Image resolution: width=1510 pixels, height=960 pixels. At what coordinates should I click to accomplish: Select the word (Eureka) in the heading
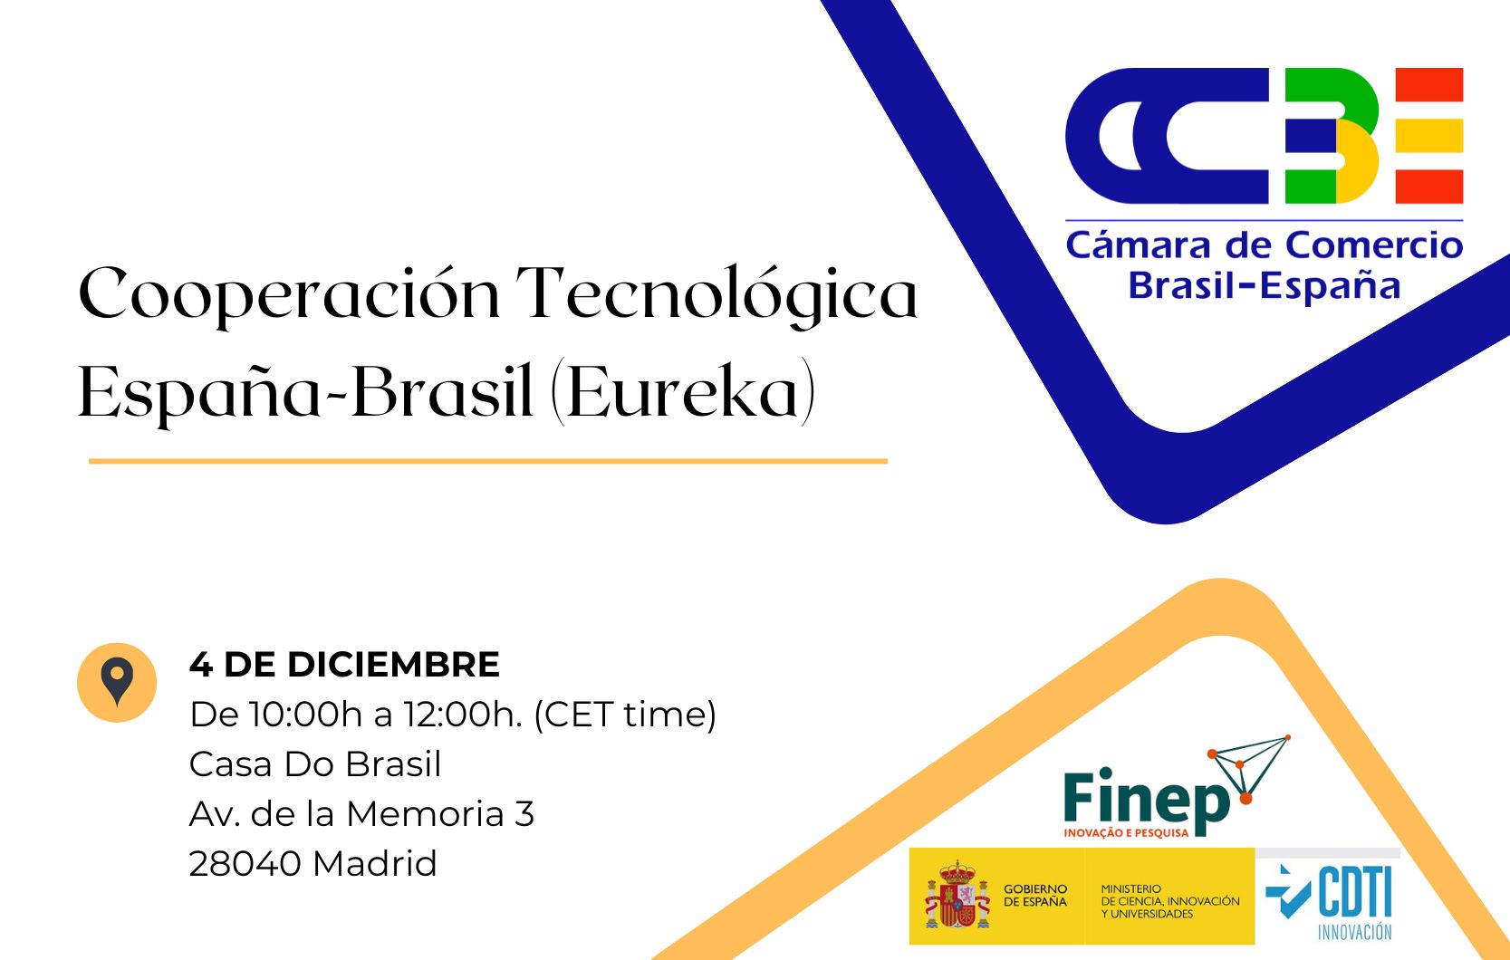click(x=684, y=393)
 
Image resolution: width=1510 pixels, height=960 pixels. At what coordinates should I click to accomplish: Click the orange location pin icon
click(x=117, y=682)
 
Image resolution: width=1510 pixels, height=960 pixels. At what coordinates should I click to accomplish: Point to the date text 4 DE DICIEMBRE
click(x=344, y=665)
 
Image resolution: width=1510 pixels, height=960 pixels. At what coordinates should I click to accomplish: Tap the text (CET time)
click(x=625, y=715)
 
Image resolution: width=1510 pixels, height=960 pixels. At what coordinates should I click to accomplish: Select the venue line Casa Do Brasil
click(x=315, y=764)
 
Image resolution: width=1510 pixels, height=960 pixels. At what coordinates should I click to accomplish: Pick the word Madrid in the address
click(x=375, y=864)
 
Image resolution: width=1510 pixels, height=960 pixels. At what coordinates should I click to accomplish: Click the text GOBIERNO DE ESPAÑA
click(x=1035, y=896)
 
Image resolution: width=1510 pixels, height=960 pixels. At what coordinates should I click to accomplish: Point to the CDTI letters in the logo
click(x=1355, y=892)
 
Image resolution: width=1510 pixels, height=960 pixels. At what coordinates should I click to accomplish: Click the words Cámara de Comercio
click(x=1264, y=245)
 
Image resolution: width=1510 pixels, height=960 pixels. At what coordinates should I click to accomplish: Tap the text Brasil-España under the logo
click(x=1264, y=286)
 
